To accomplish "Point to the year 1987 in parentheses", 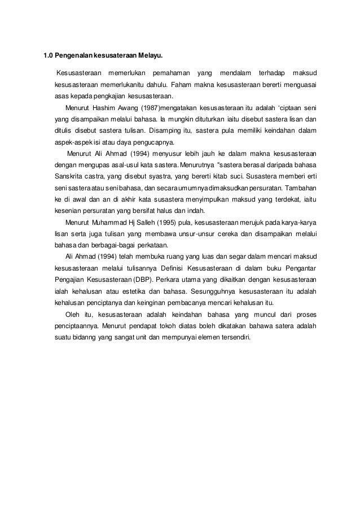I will (x=147, y=108).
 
